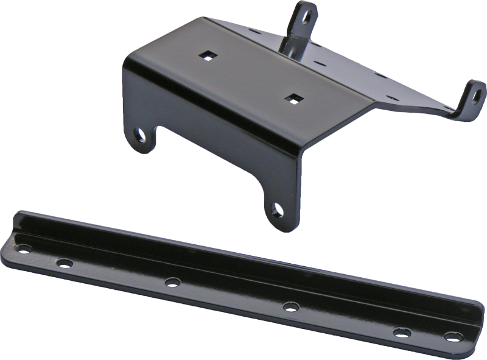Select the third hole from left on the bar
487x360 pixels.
pos(172,282)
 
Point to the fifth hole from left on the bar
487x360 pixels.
pos(400,332)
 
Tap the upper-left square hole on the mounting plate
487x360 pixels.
pos(209,56)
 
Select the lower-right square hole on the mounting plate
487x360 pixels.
pos(295,98)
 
